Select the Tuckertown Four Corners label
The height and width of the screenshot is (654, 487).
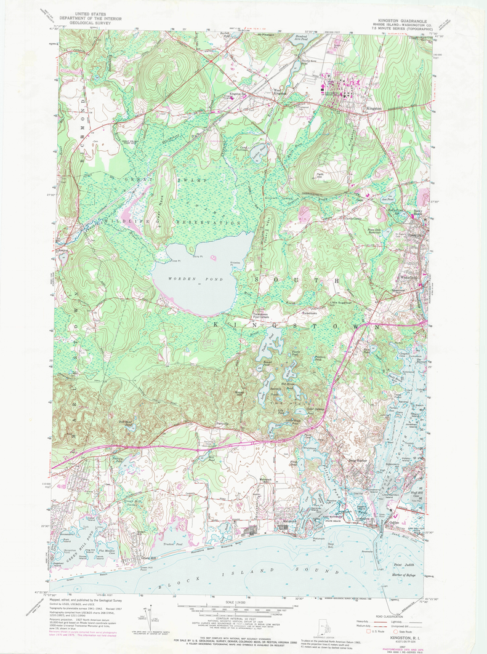(265, 315)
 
